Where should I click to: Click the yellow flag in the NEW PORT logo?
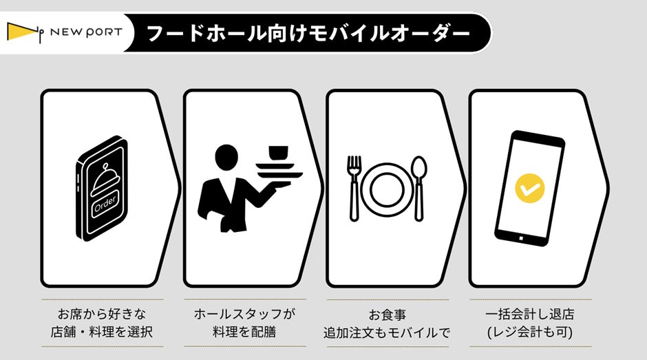pos(21,32)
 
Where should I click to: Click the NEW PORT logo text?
pos(86,32)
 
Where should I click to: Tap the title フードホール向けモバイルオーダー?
pos(308,34)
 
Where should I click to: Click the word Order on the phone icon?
pos(105,204)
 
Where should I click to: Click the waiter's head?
pos(226,158)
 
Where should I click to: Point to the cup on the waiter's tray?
pos(279,152)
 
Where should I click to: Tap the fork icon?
pos(354,188)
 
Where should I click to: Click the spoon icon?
pos(419,188)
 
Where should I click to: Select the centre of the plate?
pos(387,189)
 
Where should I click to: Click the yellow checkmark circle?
pos(530,188)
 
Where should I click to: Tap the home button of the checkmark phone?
pos(522,238)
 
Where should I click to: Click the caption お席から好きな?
pos(102,314)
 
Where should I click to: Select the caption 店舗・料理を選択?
pos(102,332)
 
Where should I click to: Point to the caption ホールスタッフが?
pos(244,314)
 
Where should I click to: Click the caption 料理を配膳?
pos(244,332)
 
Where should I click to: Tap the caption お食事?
pos(388,315)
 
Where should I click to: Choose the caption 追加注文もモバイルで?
pos(387,332)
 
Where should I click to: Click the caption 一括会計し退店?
pos(530,314)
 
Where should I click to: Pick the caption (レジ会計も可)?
pos(530,332)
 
